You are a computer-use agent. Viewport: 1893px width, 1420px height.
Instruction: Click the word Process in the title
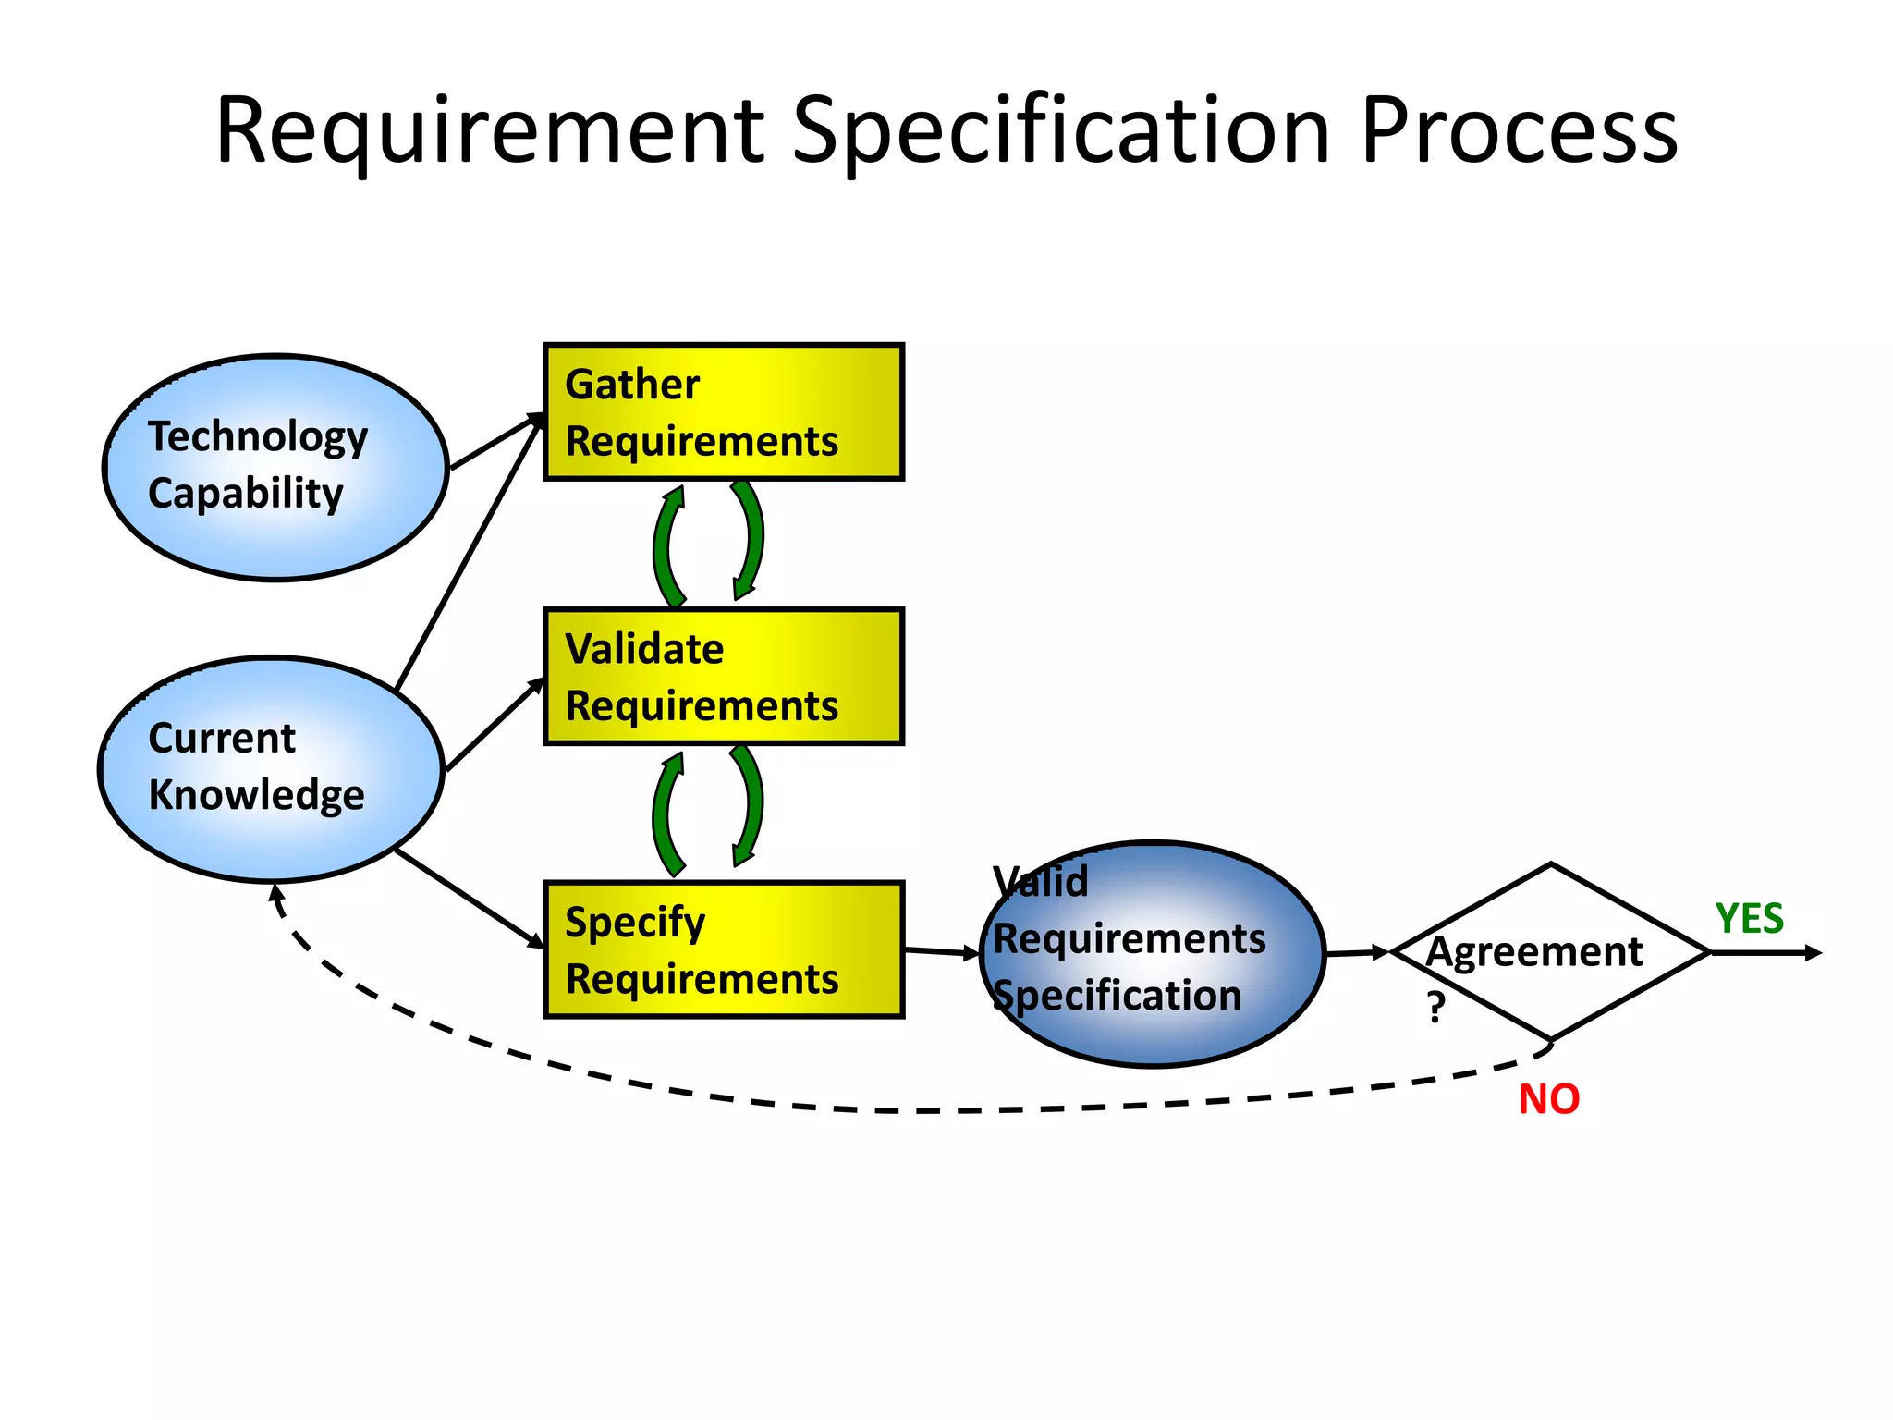point(1518,131)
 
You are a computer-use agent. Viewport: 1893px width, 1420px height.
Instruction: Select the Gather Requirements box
point(723,412)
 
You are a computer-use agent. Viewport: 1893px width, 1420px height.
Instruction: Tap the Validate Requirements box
point(723,677)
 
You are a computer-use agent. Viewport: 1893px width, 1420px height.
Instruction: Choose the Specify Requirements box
point(723,950)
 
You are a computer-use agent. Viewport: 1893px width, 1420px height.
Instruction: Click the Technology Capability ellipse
point(275,468)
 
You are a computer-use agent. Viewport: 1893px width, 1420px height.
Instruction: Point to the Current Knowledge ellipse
point(270,769)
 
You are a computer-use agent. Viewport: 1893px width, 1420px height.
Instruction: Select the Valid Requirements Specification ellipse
point(1152,954)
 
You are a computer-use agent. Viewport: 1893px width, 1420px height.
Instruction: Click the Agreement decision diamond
point(1551,952)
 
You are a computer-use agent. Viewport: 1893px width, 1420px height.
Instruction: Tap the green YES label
point(1749,919)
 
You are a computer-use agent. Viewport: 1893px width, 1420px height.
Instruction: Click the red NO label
point(1549,1099)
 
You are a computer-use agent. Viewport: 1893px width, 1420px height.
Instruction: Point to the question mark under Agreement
point(1435,1007)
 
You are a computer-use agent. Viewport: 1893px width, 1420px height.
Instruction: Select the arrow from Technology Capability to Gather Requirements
point(495,443)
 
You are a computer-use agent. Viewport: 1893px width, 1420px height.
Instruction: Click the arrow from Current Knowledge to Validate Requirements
point(495,726)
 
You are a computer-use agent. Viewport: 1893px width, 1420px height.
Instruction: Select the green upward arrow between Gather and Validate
point(667,545)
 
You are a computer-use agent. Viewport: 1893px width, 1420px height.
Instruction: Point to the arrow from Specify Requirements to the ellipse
point(941,951)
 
